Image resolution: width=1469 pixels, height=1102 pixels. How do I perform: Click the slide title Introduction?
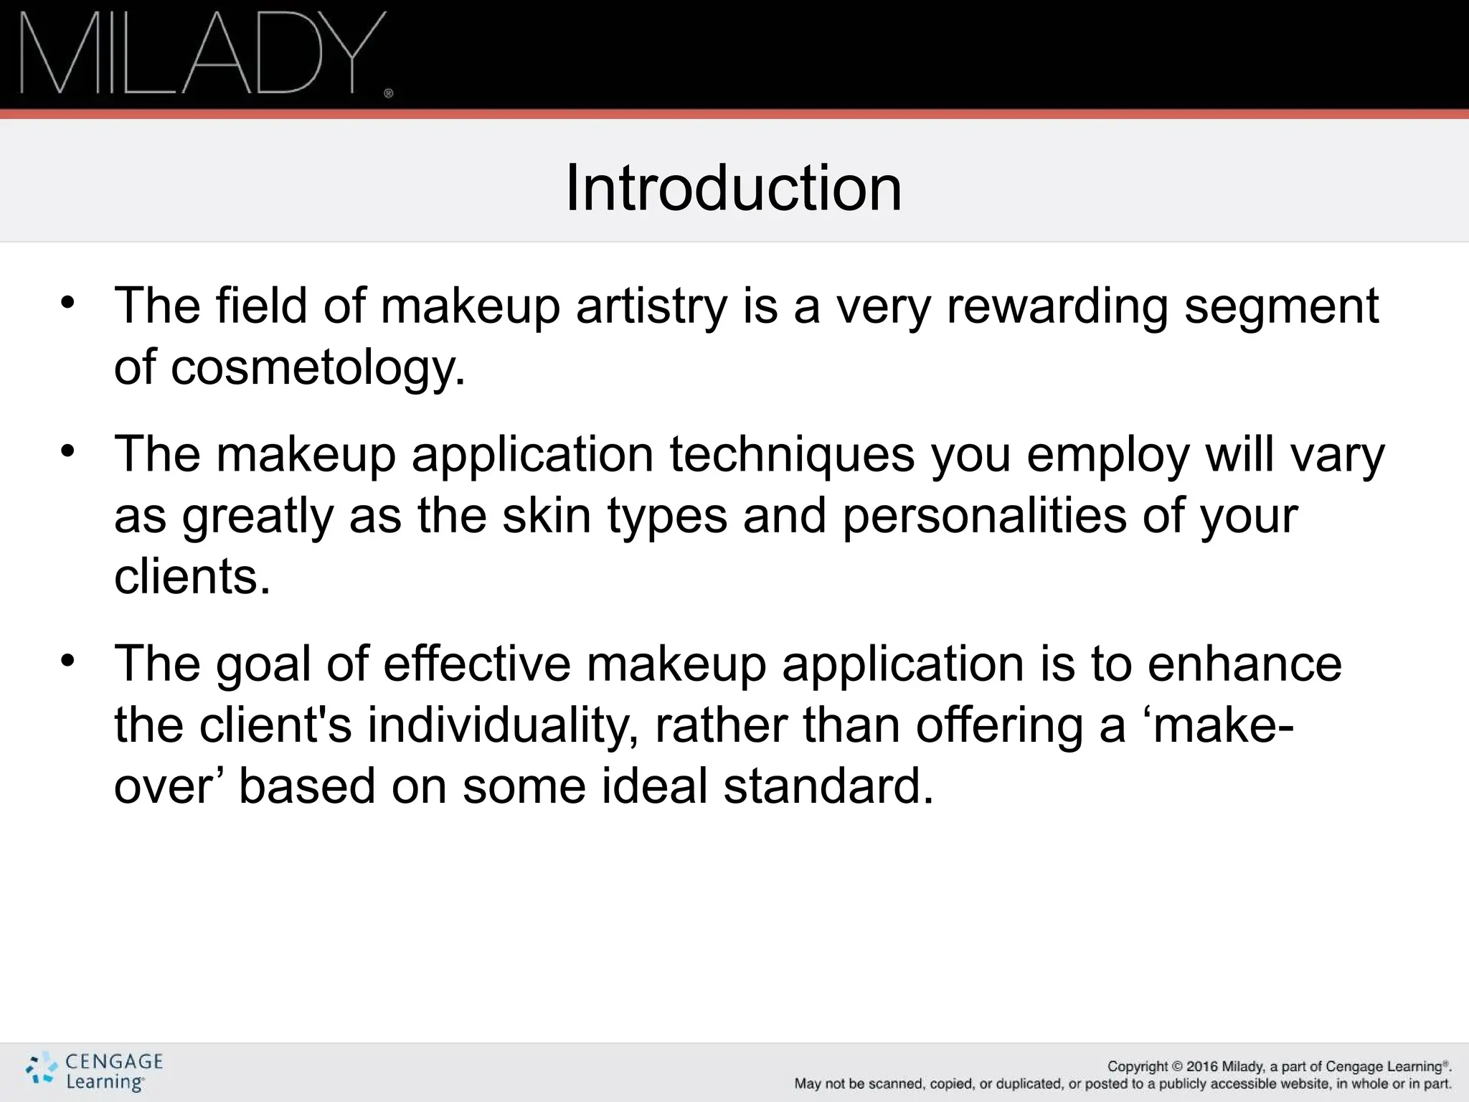[x=733, y=188]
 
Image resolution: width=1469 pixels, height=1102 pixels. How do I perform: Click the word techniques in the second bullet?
[x=792, y=454]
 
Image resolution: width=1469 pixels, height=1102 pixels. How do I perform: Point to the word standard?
[x=828, y=786]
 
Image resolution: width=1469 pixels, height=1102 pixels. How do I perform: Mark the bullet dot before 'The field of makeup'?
[x=67, y=302]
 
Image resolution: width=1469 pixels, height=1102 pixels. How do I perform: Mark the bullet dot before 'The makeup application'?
[x=67, y=451]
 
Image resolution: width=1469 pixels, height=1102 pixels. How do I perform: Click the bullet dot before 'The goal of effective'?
[x=67, y=660]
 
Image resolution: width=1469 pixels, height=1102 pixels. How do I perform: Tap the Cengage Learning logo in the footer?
[x=95, y=1072]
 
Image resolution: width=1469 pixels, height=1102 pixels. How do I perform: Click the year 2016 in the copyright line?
[x=1202, y=1067]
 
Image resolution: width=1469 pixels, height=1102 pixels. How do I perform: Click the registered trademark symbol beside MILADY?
[x=389, y=93]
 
